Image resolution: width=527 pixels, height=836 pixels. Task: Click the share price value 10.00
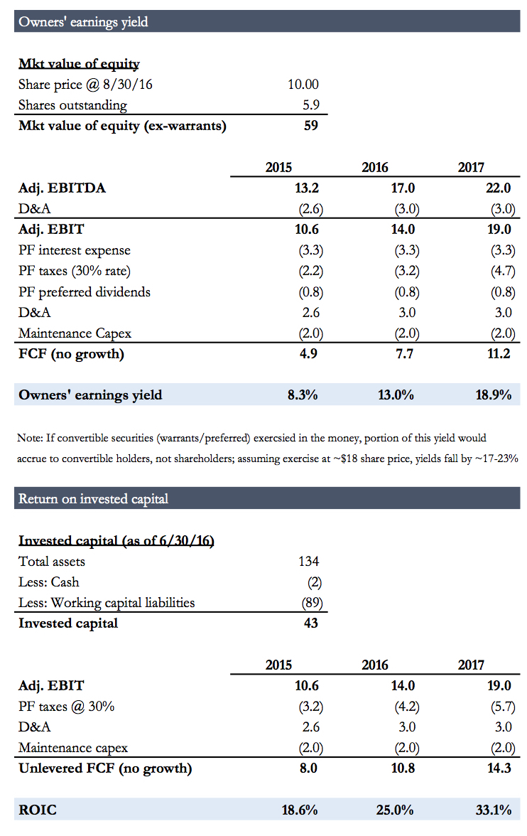[303, 85]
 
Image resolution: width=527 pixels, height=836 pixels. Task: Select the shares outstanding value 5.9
[311, 105]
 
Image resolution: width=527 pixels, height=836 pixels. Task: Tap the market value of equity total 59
[311, 126]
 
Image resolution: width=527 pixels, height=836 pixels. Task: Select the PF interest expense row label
[75, 250]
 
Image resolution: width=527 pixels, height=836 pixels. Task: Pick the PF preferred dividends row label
[85, 291]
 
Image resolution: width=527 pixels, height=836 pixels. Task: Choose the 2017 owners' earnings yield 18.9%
[494, 395]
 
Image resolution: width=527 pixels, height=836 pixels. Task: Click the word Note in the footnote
[28, 438]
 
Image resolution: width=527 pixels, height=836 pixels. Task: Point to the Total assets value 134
[308, 562]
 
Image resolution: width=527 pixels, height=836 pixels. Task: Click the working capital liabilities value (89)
[312, 603]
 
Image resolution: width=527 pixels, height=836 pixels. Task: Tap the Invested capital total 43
[310, 623]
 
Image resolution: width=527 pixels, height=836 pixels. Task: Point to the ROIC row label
[38, 810]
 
